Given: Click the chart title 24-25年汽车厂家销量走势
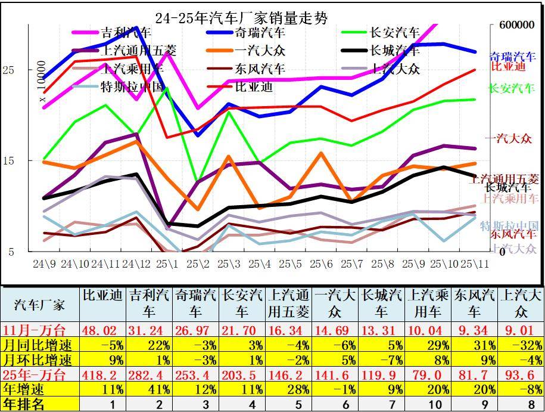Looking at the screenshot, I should click(x=241, y=18).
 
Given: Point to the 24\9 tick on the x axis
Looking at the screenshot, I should click(x=45, y=263).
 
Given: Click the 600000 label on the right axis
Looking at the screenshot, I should click(x=512, y=25).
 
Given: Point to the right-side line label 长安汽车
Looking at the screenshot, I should click(x=512, y=88).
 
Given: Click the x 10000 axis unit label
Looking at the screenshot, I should click(x=42, y=81).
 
